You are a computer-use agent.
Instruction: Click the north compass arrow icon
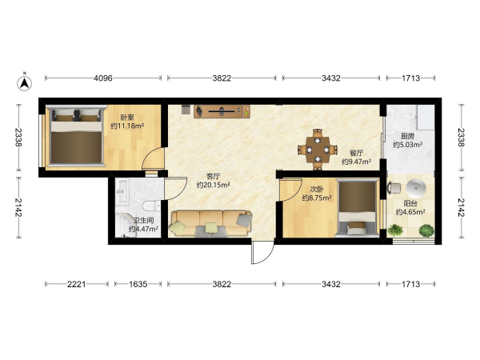25,82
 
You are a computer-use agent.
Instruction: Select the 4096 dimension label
103,78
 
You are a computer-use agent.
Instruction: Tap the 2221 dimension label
77,284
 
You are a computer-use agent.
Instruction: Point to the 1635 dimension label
138,284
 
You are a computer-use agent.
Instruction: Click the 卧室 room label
127,118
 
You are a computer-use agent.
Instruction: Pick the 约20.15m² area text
213,185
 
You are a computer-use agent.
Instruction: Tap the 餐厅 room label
356,153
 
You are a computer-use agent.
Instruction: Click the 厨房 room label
407,136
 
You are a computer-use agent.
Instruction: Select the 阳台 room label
410,203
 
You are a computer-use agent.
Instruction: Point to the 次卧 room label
317,190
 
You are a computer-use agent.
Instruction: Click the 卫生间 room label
143,221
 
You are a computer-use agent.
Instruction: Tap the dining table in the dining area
318,150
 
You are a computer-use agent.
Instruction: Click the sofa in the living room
212,223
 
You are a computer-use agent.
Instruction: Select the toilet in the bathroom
152,206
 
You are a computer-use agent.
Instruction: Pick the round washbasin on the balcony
416,189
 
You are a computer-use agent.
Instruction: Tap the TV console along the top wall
222,111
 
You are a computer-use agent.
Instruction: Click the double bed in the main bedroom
76,136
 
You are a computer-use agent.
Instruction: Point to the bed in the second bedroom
357,209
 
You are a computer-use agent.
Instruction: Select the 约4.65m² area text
410,212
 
